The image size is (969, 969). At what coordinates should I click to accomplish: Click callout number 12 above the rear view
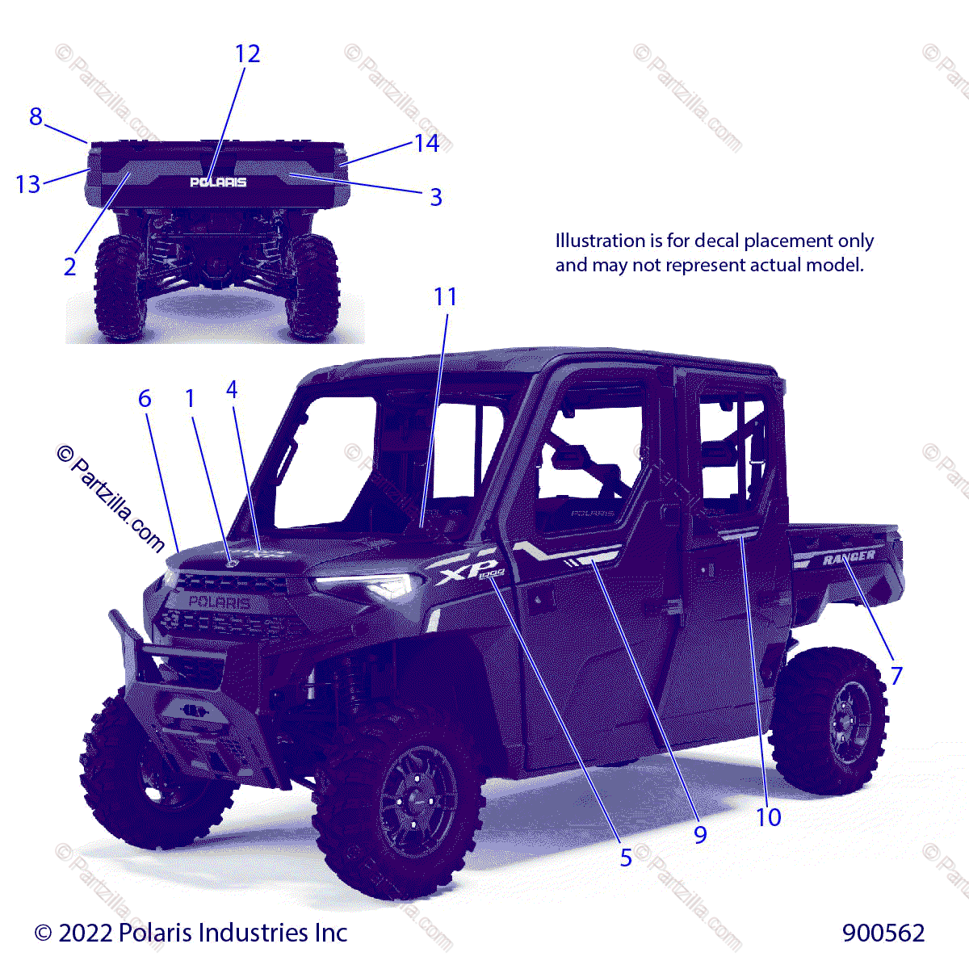tap(247, 54)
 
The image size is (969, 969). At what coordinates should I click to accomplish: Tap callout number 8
tap(36, 117)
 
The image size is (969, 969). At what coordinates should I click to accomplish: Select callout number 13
tap(27, 184)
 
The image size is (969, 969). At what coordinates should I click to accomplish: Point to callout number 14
tap(426, 144)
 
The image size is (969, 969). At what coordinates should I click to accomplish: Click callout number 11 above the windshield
tap(445, 297)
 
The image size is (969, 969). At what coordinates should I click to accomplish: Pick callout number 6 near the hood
tap(145, 398)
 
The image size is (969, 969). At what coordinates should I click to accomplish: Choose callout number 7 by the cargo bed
tap(896, 675)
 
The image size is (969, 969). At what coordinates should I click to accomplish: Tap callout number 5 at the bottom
tap(626, 858)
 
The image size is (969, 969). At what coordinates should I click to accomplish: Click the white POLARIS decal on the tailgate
tap(218, 182)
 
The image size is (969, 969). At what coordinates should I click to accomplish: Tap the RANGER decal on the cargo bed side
tap(849, 557)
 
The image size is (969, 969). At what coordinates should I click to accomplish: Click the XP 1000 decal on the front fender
tap(468, 573)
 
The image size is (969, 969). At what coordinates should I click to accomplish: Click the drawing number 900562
tap(883, 933)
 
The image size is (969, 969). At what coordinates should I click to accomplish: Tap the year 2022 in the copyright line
tap(85, 933)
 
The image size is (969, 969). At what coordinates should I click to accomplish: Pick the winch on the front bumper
tap(192, 710)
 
